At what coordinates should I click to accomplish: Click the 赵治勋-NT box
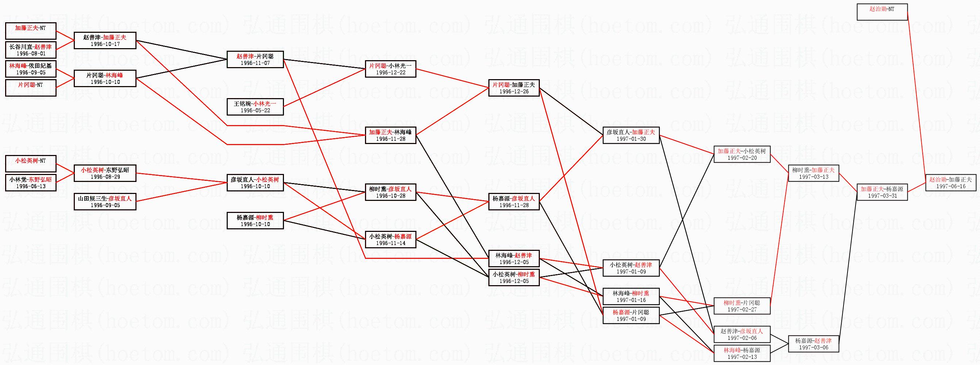click(882, 12)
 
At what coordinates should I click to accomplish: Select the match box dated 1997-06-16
click(950, 182)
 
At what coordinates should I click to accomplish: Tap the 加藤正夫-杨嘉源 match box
click(882, 192)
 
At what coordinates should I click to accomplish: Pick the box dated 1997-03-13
click(813, 173)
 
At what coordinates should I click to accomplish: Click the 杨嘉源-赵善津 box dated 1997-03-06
click(813, 344)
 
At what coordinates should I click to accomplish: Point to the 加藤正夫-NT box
click(30, 31)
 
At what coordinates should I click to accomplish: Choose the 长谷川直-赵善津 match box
click(30, 50)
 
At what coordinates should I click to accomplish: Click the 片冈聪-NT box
click(30, 88)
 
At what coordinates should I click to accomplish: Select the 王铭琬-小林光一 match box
click(255, 107)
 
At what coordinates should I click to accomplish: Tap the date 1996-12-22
click(390, 73)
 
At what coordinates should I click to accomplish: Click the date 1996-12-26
click(514, 92)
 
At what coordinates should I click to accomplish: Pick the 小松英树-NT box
click(30, 163)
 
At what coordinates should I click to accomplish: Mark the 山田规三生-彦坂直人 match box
click(105, 202)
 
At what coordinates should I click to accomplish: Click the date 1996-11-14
click(390, 243)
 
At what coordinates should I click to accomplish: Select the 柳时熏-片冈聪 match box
click(742, 306)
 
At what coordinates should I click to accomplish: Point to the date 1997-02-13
click(742, 357)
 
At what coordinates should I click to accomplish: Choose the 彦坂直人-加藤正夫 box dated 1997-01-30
click(631, 135)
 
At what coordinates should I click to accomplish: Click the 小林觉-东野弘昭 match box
click(30, 182)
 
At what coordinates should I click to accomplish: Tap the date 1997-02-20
click(742, 158)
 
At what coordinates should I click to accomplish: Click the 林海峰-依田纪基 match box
click(30, 69)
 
